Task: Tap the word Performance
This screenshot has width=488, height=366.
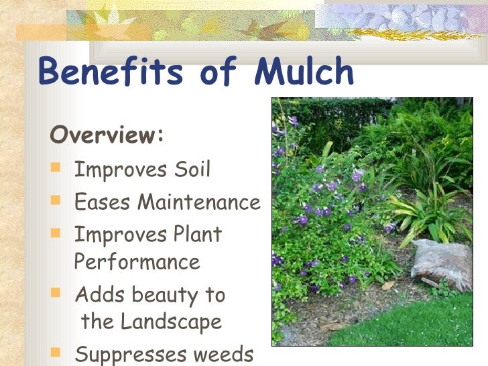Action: (137, 261)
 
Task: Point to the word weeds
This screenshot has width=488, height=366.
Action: (225, 354)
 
